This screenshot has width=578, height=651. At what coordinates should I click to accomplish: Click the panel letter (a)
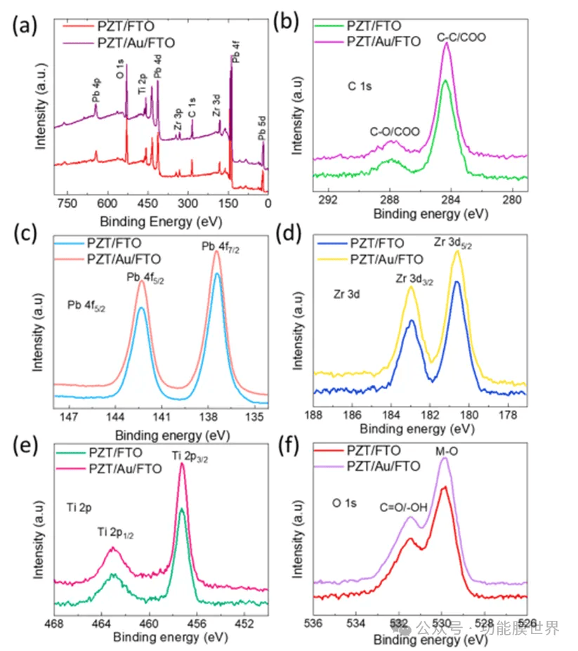(26, 26)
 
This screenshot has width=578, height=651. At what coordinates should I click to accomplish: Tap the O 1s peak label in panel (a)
(120, 69)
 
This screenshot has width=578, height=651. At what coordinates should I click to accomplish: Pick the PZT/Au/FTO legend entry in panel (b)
(383, 41)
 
